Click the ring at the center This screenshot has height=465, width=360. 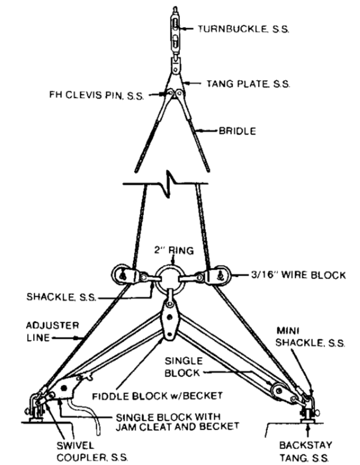coord(170,276)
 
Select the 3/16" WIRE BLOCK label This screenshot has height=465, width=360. coord(280,275)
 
